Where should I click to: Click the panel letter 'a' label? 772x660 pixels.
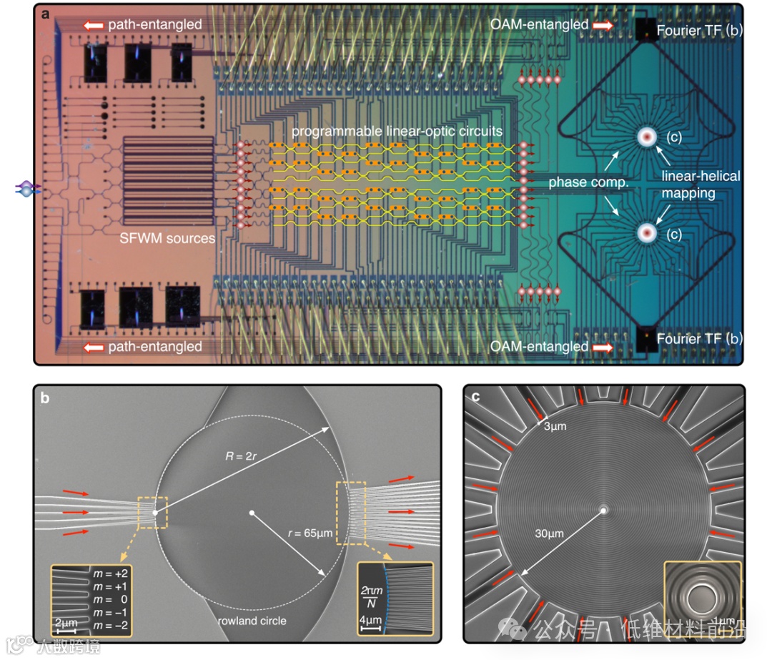coord(45,14)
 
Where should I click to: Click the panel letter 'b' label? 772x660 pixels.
coord(44,398)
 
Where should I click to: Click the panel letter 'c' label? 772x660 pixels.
coord(474,398)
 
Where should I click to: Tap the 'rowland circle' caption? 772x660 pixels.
coord(252,621)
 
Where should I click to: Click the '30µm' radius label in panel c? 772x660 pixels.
coord(551,533)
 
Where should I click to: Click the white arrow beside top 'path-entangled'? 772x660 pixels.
coord(94,24)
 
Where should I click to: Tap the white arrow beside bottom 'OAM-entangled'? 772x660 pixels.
coord(602,348)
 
